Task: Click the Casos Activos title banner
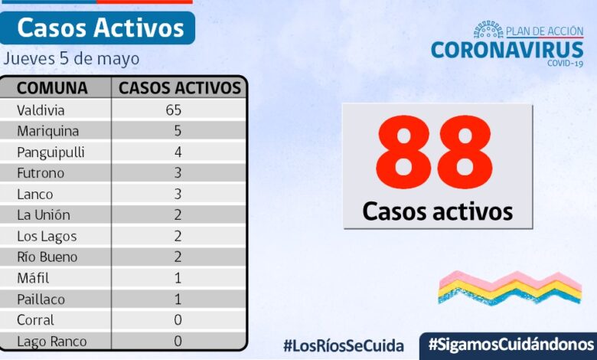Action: pyautogui.click(x=100, y=28)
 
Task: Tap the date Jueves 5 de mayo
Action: pyautogui.click(x=71, y=58)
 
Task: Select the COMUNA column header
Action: pyautogui.click(x=53, y=88)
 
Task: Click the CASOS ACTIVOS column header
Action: pyautogui.click(x=180, y=88)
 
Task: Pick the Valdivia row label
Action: pyautogui.click(x=41, y=110)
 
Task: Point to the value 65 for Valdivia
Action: pyautogui.click(x=173, y=110)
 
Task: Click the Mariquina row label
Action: pyautogui.click(x=47, y=131)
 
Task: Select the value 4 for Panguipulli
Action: pyautogui.click(x=178, y=152)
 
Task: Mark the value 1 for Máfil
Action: pyautogui.click(x=178, y=278)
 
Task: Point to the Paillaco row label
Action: pyautogui.click(x=41, y=299)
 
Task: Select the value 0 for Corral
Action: pyautogui.click(x=178, y=320)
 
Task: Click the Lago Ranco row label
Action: pyautogui.click(x=51, y=342)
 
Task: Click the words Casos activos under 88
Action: pyautogui.click(x=437, y=210)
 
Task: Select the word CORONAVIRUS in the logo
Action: pyautogui.click(x=507, y=50)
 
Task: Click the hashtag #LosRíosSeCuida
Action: pyautogui.click(x=343, y=345)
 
